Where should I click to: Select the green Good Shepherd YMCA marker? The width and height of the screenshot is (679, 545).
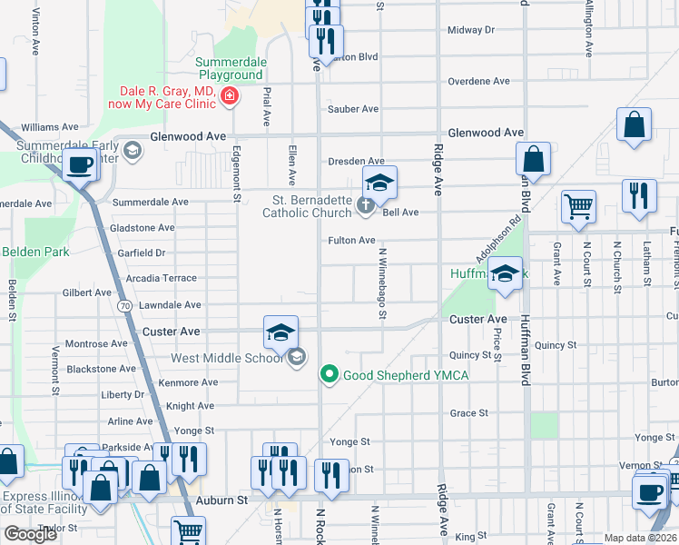pyautogui.click(x=330, y=373)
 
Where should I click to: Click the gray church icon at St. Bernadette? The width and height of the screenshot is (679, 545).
pyautogui.click(x=365, y=205)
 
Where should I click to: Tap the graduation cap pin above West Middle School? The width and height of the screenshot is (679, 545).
pyautogui.click(x=281, y=332)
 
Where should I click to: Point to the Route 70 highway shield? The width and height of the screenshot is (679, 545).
pyautogui.click(x=123, y=306)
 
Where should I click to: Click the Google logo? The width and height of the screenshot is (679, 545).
pyautogui.click(x=30, y=534)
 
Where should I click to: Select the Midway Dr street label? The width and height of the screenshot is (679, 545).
pyautogui.click(x=471, y=30)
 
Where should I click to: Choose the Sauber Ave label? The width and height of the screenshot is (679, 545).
pyautogui.click(x=353, y=109)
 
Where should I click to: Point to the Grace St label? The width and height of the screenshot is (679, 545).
pyautogui.click(x=469, y=412)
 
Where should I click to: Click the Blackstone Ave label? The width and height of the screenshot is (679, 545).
pyautogui.click(x=102, y=369)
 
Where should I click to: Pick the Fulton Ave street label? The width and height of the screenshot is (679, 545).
pyautogui.click(x=351, y=241)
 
